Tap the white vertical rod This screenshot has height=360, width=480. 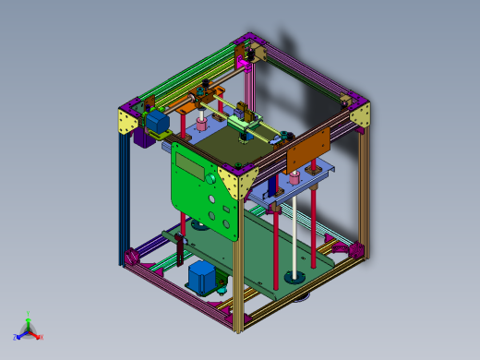(x=294, y=231)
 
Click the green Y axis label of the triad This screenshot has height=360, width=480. (x=29, y=314)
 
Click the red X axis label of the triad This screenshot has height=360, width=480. (x=42, y=337)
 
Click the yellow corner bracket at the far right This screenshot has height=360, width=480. (x=360, y=114)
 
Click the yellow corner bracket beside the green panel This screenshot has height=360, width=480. (x=243, y=181)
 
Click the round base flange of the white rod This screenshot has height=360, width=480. (x=294, y=276)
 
